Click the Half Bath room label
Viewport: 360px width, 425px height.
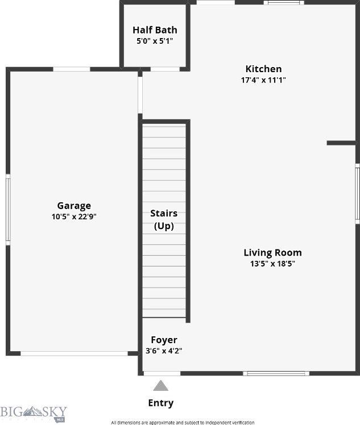tap(155, 30)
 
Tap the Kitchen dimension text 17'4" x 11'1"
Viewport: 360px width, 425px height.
tap(263, 80)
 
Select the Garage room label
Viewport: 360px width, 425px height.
tap(74, 206)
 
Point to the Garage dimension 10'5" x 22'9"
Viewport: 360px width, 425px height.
tap(74, 216)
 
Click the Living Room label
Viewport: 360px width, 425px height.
tap(272, 253)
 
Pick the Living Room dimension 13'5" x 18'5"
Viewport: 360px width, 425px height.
tap(272, 264)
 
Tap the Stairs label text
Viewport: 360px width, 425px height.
tap(164, 214)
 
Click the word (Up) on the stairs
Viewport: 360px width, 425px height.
tap(164, 226)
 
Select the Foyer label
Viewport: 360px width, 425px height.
tap(164, 340)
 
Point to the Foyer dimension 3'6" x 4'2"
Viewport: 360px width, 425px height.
tap(164, 351)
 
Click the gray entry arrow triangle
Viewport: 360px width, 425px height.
tap(161, 386)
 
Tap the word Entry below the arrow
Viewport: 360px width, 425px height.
tap(161, 403)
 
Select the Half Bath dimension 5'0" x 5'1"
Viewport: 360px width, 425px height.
tap(155, 41)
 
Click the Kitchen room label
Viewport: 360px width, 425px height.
tap(263, 69)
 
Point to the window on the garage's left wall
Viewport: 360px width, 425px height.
tap(8, 209)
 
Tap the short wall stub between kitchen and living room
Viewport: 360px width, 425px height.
tap(342, 143)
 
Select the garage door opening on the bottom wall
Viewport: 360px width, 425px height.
tap(74, 353)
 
